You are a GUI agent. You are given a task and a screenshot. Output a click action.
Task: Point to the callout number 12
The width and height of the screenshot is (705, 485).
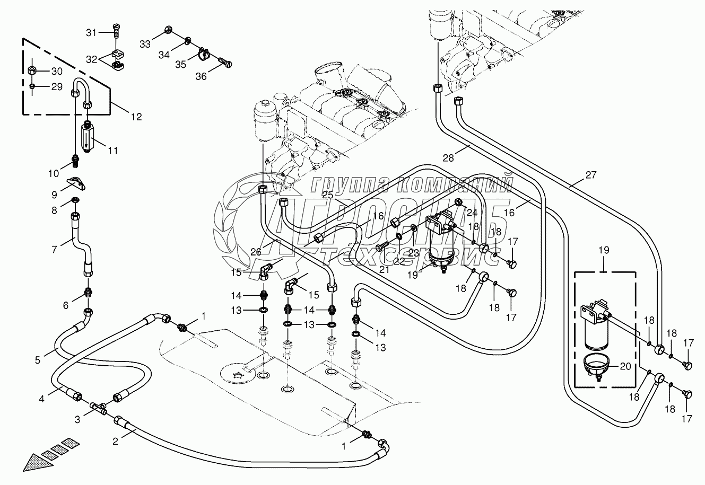click(136, 117)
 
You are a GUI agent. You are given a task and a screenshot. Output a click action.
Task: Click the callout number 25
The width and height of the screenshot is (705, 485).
click(327, 196)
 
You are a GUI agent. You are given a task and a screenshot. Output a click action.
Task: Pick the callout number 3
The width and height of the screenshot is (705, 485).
click(77, 420)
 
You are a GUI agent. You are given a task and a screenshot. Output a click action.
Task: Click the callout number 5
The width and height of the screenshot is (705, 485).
click(38, 360)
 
